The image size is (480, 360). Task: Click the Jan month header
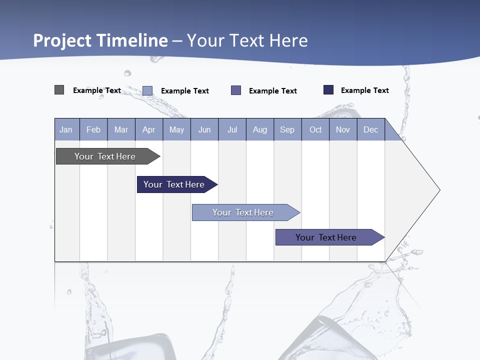click(66, 129)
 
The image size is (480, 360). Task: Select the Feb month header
click(93, 129)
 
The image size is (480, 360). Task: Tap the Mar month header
click(121, 129)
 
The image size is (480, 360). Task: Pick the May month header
click(176, 129)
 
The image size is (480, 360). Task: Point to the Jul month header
click(232, 129)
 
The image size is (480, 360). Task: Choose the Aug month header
click(259, 129)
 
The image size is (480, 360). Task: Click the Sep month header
click(287, 129)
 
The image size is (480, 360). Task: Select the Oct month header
click(315, 129)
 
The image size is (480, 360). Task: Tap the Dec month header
click(370, 129)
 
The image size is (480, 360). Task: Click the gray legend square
click(59, 90)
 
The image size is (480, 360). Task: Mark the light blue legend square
click(147, 90)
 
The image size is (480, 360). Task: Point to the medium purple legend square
click(236, 90)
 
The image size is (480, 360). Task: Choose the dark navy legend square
click(328, 90)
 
